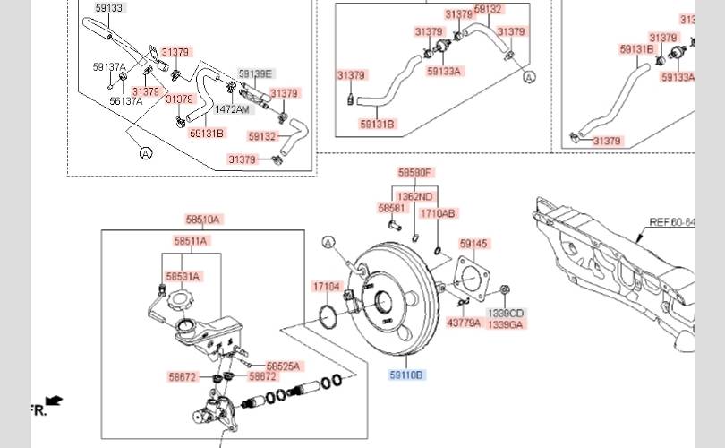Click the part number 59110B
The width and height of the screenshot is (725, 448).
click(406, 375)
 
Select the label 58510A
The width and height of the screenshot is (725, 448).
click(203, 220)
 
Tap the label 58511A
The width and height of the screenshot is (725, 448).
click(190, 241)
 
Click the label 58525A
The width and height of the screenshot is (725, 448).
click(284, 366)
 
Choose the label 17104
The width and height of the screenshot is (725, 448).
click(326, 287)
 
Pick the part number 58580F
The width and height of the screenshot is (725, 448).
click(415, 172)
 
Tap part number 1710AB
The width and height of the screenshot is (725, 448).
click(438, 213)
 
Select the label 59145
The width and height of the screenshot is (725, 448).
click(473, 244)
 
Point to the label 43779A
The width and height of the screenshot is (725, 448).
click(464, 323)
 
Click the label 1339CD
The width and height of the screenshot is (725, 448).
click(506, 313)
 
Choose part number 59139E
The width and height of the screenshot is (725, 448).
click(256, 73)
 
